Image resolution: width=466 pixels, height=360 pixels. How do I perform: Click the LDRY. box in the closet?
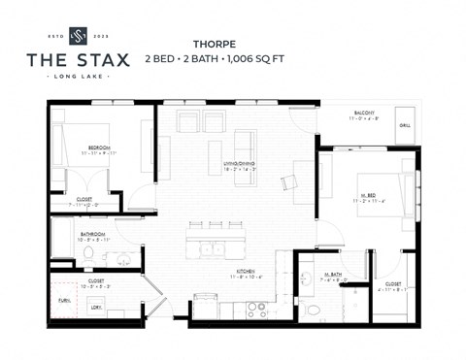[97, 309]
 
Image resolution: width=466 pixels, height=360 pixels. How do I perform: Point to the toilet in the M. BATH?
[313, 309]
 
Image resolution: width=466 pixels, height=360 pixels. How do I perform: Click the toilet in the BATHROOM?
[88, 254]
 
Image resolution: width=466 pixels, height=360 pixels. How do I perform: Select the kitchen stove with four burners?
[256, 309]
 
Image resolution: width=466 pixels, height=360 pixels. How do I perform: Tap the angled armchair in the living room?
[289, 181]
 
